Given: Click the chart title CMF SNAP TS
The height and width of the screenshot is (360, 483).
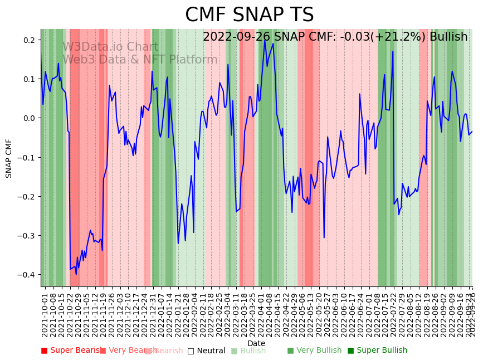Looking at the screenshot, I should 249,15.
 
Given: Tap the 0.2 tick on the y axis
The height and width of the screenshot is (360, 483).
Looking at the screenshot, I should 30,40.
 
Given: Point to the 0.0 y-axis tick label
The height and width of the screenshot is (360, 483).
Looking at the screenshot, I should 30,118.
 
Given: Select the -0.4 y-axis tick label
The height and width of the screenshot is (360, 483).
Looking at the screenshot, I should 28,275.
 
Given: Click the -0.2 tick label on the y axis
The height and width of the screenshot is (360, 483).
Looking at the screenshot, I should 28,197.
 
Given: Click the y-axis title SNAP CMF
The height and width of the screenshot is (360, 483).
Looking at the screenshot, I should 9,158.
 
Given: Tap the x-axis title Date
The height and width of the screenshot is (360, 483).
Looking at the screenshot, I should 256,343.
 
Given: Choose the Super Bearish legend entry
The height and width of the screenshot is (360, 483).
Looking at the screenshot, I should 73,351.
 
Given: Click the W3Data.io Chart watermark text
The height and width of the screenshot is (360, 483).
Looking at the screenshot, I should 110,47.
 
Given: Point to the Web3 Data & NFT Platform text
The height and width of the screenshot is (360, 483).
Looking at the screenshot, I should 140,60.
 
